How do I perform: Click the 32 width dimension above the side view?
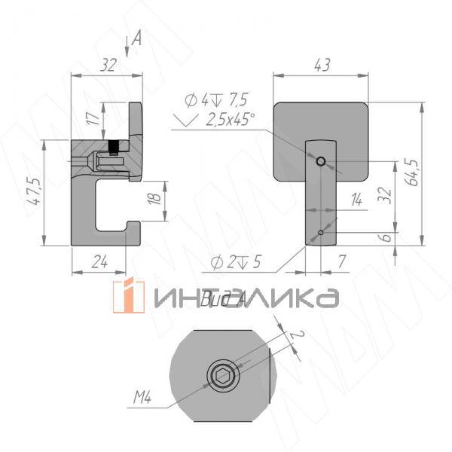click(x=108, y=66)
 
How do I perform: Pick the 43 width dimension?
click(x=322, y=66)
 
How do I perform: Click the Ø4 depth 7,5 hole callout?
click(x=216, y=99)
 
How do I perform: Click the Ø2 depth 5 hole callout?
click(x=236, y=262)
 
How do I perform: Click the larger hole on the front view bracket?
click(x=321, y=161)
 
